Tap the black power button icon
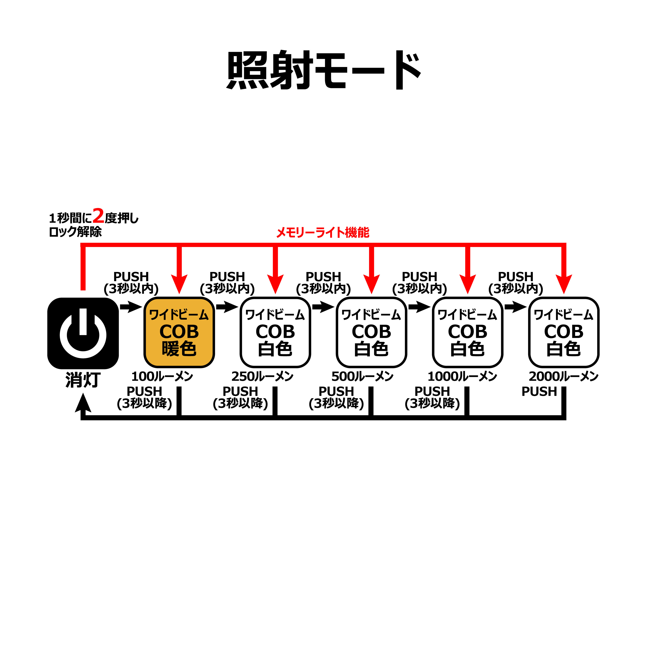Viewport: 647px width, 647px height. coord(83,333)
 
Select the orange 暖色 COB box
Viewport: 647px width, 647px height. coord(179,332)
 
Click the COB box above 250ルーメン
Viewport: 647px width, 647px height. coord(275,332)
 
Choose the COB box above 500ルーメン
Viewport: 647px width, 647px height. coord(371,332)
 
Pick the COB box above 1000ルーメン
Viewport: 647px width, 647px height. coord(467,332)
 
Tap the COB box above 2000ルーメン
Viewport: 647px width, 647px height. coord(564,332)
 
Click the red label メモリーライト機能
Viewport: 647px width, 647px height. coord(323,232)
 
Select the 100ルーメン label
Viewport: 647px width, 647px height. coord(162,376)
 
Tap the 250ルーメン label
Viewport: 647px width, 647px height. coord(262,376)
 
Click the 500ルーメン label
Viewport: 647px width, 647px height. coord(362,376)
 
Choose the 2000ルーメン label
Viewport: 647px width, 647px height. coord(564,376)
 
